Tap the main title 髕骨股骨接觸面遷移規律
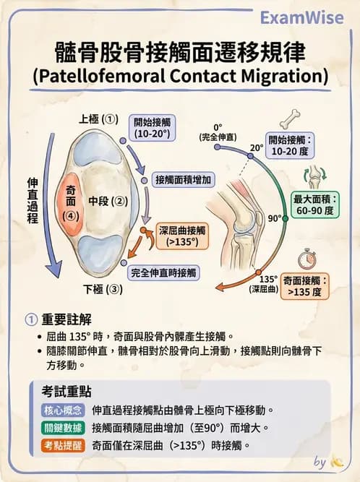180,53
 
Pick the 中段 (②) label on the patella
108,202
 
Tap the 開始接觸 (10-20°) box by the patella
153,128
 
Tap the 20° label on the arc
256,147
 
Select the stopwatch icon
309,257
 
